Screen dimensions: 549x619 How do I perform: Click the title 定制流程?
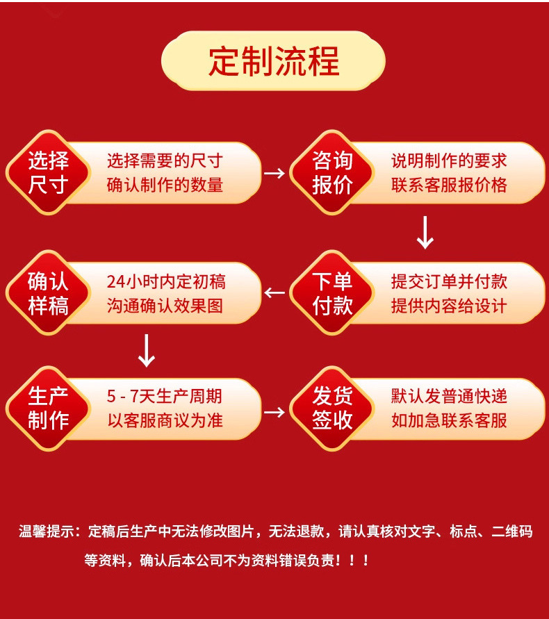tap(274, 62)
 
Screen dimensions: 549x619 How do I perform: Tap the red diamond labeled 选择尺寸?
tap(48, 173)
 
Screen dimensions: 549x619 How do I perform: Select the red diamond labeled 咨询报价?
tap(332, 173)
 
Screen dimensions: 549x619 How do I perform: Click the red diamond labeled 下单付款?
tap(332, 293)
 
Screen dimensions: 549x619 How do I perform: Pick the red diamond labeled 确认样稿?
tap(48, 293)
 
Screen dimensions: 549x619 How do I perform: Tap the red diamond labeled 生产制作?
tap(48, 408)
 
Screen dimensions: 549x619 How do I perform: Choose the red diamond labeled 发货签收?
tap(332, 408)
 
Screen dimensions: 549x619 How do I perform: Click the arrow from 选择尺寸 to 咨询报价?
tap(274, 173)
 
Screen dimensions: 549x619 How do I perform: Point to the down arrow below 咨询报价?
tap(425, 233)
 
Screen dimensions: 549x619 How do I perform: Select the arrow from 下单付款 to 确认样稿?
tap(274, 293)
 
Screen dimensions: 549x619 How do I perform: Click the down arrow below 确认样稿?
tap(147, 351)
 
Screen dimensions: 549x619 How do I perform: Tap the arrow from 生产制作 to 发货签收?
tap(274, 411)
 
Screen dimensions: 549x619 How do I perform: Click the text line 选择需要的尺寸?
tap(165, 161)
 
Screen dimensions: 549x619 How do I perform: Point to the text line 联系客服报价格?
tap(449, 185)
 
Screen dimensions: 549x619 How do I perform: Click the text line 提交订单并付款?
tap(449, 281)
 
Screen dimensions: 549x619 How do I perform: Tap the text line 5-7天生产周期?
tap(165, 397)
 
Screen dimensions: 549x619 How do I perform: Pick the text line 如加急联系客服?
tap(449, 420)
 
